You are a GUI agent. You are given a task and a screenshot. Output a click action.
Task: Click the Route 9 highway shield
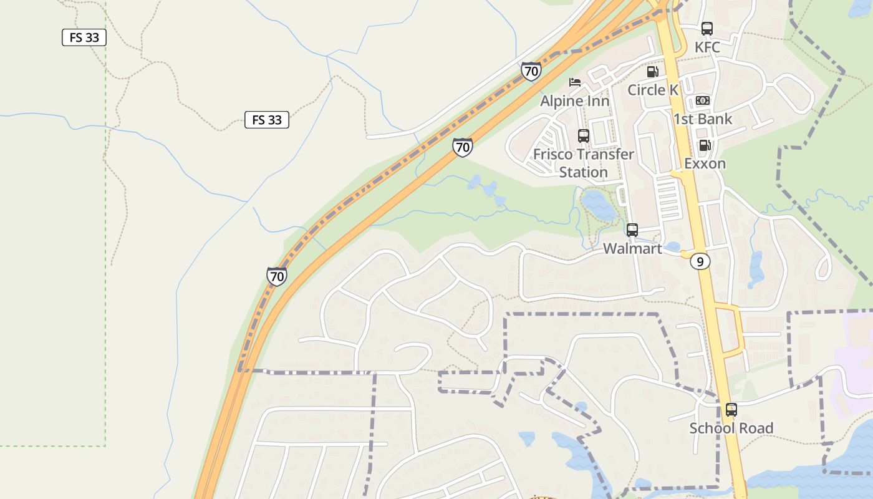(x=700, y=262)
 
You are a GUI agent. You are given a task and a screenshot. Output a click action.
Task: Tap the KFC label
(x=707, y=47)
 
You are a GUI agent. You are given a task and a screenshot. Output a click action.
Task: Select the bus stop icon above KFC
(x=707, y=28)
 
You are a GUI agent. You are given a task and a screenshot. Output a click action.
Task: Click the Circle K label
(x=653, y=90)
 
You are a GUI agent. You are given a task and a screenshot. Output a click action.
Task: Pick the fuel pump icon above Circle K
(x=653, y=72)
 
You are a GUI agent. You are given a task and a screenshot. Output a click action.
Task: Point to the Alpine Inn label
(x=574, y=101)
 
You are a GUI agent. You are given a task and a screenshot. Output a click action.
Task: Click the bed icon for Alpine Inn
(x=574, y=82)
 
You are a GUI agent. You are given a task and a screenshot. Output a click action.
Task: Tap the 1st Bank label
(x=703, y=119)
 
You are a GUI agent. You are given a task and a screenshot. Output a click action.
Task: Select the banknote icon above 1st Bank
(x=703, y=100)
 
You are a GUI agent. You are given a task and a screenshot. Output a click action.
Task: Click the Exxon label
(x=705, y=163)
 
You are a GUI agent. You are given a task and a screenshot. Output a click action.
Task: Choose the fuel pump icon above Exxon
(x=705, y=145)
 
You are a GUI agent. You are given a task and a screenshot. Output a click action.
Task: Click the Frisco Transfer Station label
(x=584, y=163)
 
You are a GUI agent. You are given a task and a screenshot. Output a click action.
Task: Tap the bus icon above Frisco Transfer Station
(x=584, y=135)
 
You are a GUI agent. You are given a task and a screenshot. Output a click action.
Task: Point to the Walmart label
(x=632, y=248)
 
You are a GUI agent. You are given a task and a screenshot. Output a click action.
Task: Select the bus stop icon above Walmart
(x=632, y=230)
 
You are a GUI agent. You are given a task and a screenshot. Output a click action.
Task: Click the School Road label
(x=731, y=428)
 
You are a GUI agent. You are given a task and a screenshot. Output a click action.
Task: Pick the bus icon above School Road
(x=731, y=410)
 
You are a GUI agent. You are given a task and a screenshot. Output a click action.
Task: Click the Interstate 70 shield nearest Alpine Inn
(x=531, y=71)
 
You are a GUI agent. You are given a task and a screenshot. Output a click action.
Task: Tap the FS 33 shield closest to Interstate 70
(x=267, y=120)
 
